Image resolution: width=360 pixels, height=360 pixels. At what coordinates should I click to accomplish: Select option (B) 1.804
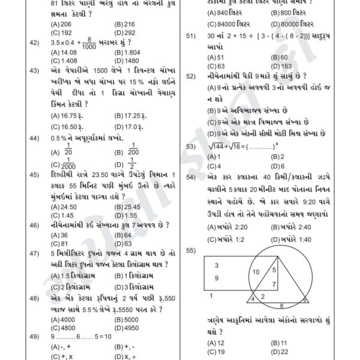tap(127, 52)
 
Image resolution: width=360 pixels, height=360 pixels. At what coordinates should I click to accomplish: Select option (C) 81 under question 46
tap(62, 244)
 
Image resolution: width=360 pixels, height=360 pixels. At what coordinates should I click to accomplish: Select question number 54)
tap(192, 178)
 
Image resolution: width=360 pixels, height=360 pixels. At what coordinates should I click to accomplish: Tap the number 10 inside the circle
tap(256, 272)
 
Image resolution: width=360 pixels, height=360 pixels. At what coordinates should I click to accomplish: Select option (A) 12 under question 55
tap(216, 343)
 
